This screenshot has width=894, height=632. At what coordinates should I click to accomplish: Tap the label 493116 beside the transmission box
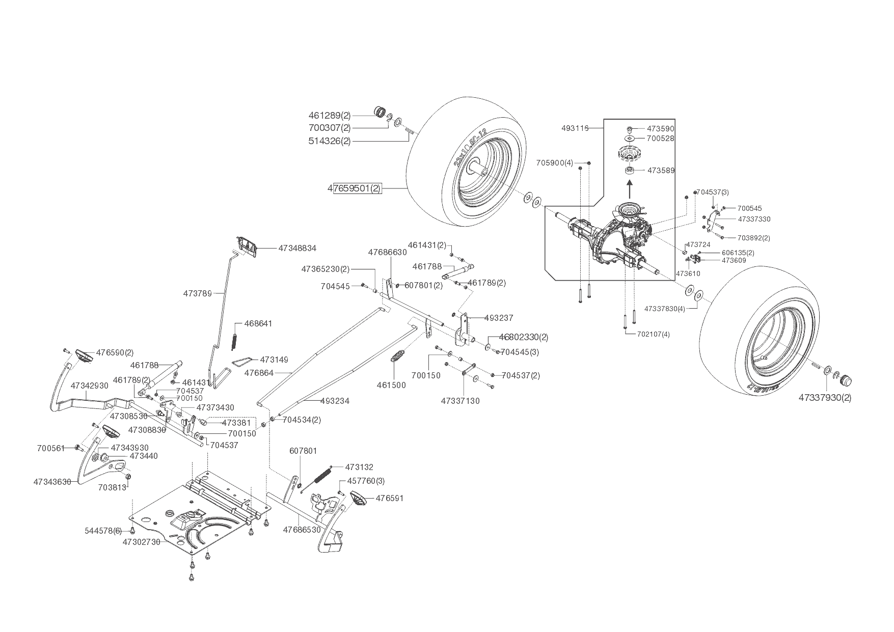[575, 128]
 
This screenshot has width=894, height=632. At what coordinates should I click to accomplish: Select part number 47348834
[297, 248]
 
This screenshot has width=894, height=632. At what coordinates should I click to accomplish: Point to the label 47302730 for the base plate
[141, 542]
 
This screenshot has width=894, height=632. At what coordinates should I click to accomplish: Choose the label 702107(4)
[654, 335]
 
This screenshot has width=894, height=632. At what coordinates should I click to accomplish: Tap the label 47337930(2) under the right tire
[825, 397]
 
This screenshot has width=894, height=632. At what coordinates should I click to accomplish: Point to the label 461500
[391, 385]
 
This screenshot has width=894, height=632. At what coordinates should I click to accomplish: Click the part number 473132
[359, 467]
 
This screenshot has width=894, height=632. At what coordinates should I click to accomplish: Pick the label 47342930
[90, 386]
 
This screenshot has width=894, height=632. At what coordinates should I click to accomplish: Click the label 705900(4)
[555, 163]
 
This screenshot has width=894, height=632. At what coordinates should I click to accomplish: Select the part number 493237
[498, 318]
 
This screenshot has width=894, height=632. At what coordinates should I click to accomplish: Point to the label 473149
[274, 360]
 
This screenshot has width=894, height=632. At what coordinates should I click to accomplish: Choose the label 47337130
[460, 401]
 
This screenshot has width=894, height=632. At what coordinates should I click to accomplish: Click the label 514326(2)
[330, 141]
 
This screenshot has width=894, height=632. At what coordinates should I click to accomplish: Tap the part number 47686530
[302, 530]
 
